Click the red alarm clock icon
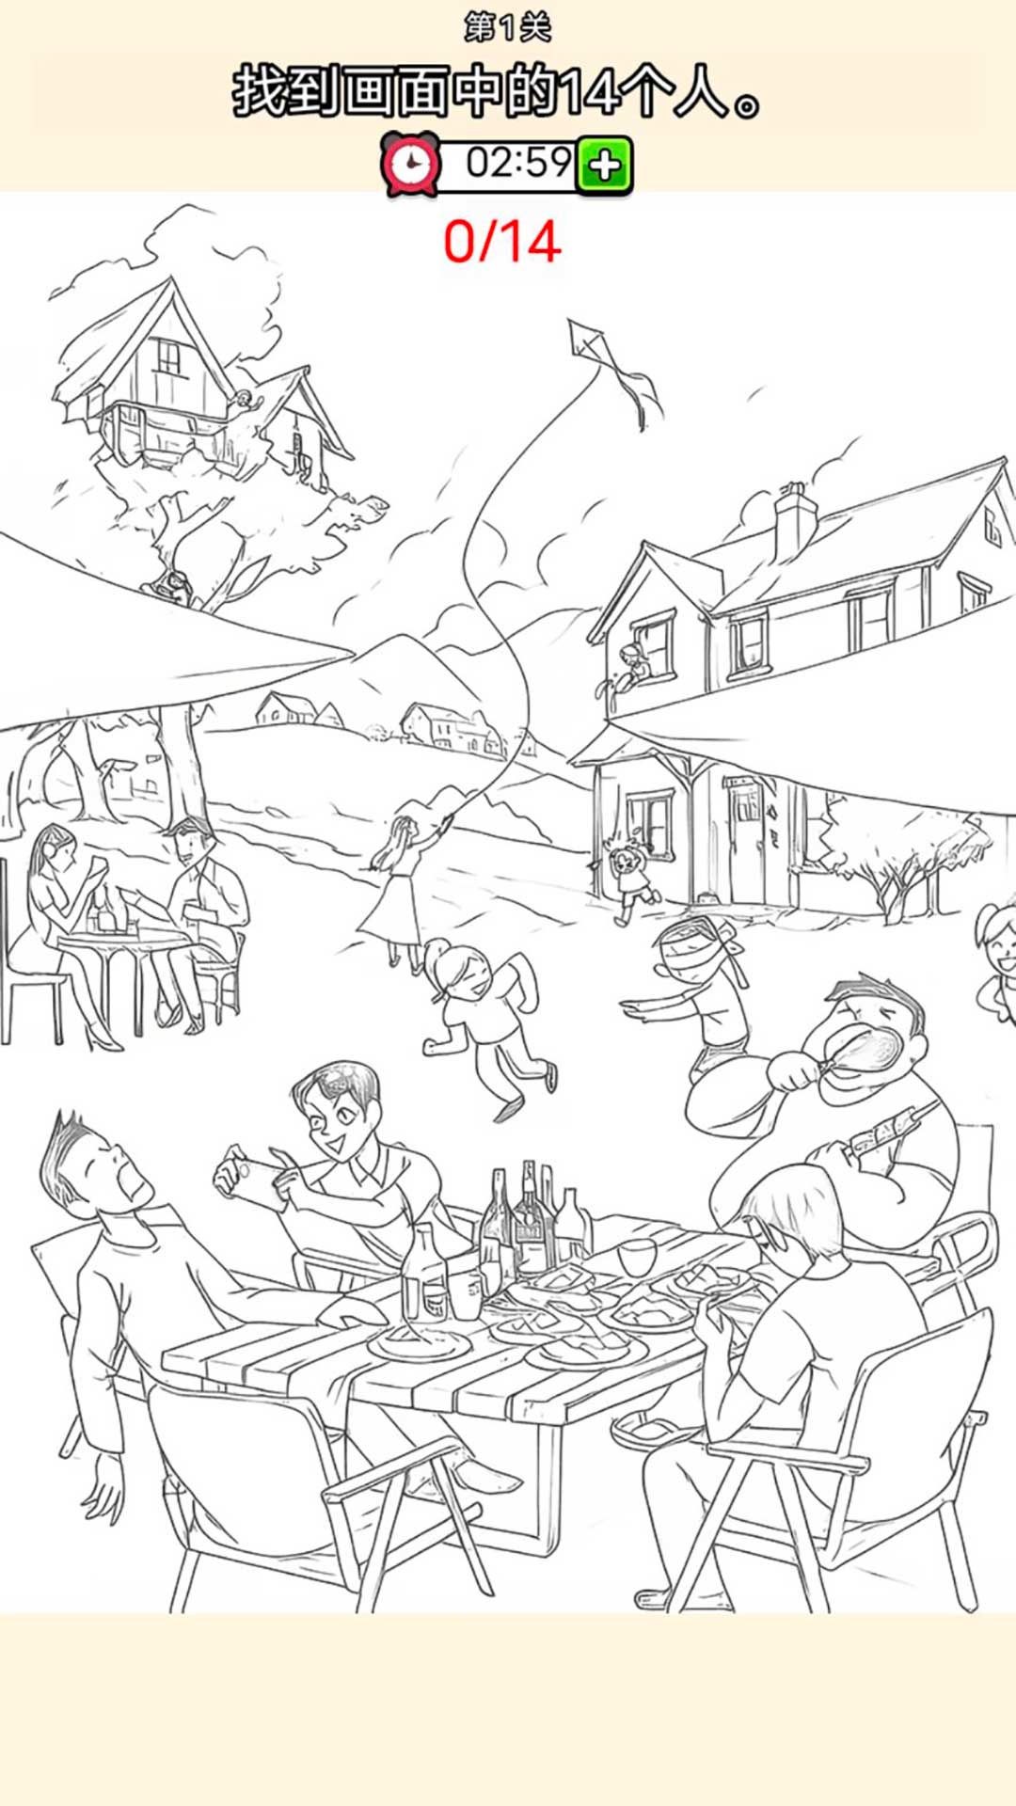(x=410, y=165)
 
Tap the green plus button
(x=604, y=166)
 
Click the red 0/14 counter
(x=502, y=242)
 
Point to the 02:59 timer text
(x=519, y=163)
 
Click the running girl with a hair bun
(x=484, y=1021)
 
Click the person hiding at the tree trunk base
(x=172, y=591)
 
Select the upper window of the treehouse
(x=168, y=356)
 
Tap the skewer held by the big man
(x=884, y=1129)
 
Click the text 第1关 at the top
(x=508, y=27)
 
